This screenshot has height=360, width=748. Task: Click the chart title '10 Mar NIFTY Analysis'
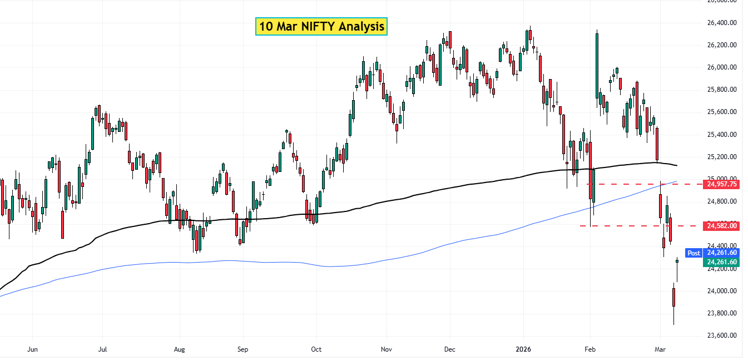321,26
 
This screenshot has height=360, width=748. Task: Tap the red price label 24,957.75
722,184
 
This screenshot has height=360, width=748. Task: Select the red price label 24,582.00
722,225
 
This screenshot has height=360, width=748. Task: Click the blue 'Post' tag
693,253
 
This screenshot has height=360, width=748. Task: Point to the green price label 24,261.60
722,262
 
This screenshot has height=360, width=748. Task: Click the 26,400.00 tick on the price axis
721,23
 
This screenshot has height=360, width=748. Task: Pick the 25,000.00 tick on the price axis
721,179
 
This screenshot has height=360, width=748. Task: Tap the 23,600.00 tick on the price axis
721,336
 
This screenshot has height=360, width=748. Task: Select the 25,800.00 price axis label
721,90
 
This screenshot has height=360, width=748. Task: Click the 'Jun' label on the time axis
32,349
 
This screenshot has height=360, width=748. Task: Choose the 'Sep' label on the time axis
242,349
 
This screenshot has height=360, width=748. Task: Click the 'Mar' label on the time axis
660,349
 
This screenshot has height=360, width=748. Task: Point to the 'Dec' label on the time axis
449,349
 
